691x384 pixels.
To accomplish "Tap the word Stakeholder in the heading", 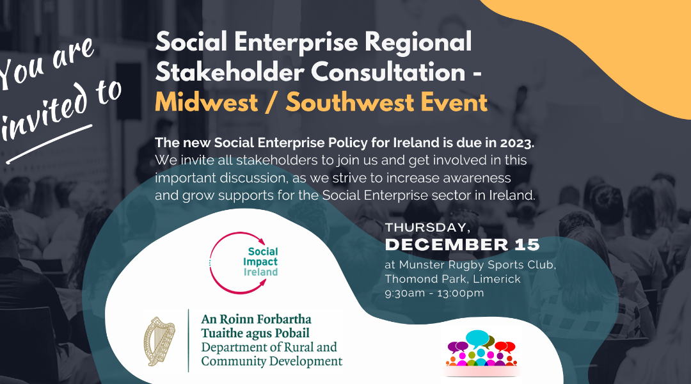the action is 230,72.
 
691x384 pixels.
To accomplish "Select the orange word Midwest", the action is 206,102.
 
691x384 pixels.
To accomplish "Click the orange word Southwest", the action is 350,102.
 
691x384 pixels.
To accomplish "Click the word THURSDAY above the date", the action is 427,227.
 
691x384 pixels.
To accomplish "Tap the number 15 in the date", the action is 527,244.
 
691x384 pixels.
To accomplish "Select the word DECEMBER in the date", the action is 447,244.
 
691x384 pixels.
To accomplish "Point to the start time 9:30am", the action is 404,293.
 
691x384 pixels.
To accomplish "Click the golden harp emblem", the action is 159,341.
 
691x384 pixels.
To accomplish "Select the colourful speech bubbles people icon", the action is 481,349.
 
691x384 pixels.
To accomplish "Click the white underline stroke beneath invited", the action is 49,144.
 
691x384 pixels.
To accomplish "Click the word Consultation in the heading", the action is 388,72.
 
